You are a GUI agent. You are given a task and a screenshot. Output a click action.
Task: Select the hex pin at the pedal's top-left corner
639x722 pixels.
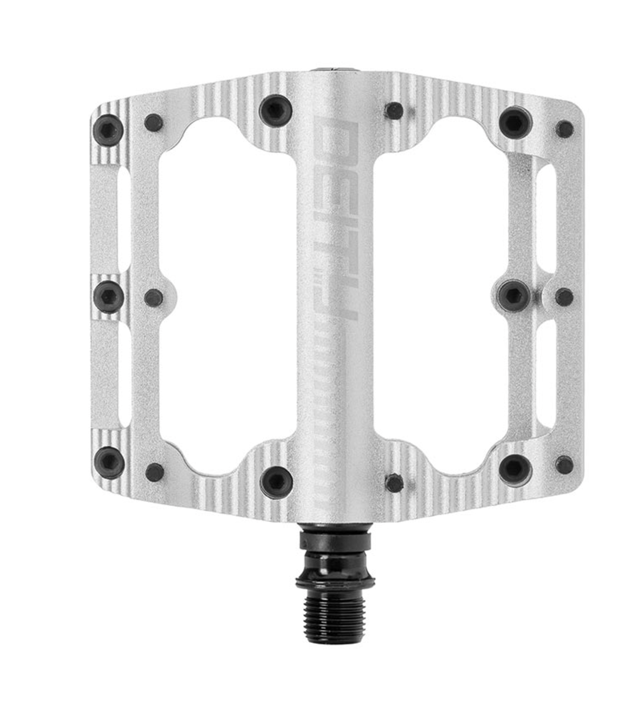108,130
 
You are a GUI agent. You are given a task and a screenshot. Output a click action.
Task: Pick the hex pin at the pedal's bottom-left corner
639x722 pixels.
109,462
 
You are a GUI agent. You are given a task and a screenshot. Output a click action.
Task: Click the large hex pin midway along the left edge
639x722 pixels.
108,297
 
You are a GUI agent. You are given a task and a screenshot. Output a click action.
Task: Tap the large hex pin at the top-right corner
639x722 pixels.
516,122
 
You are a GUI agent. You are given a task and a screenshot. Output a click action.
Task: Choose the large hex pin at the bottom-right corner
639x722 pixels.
516,467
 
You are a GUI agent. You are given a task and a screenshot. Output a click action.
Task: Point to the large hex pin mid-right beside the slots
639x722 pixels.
514,295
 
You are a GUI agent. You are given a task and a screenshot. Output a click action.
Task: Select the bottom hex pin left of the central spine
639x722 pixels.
276,481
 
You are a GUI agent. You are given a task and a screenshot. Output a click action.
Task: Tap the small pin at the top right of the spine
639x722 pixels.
394,110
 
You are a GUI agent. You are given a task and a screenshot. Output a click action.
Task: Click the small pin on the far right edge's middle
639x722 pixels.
564,296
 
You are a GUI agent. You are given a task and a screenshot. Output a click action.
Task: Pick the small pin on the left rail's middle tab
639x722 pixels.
153,298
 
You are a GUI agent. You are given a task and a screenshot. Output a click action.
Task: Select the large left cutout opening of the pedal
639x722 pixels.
227,296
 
